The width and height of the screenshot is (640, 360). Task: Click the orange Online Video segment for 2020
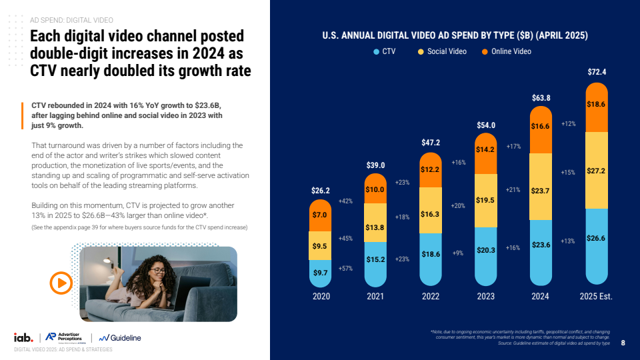321,216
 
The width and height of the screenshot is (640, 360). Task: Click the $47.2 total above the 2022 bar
431,142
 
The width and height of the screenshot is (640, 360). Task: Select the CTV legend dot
377,51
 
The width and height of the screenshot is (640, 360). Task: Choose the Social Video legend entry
442,51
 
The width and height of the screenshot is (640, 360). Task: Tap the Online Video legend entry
506,51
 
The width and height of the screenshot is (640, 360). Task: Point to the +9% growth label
458,253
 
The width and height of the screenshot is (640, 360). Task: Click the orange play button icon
61,283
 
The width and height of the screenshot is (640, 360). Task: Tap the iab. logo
24,337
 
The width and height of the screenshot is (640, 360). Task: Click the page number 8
623,344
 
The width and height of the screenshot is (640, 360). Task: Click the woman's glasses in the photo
158,270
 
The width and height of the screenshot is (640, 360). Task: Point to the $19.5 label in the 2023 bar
486,200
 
